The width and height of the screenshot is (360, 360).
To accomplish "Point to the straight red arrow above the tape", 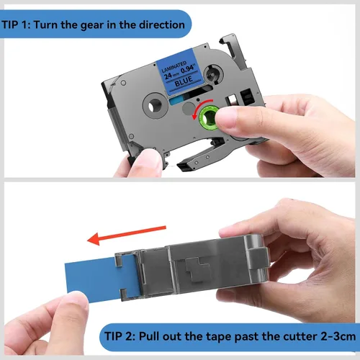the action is click(x=127, y=235).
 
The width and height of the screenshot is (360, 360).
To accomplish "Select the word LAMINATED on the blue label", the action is click(x=174, y=66).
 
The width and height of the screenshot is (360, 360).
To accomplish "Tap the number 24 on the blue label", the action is click(x=168, y=76).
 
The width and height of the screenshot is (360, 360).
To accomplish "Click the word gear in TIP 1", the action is click(x=93, y=25).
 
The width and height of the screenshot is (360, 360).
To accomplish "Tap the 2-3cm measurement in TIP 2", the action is click(x=338, y=336).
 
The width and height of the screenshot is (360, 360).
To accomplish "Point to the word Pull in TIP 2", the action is click(x=148, y=336).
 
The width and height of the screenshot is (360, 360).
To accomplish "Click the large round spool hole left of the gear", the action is click(x=155, y=106).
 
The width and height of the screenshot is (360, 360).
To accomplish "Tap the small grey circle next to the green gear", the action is click(x=189, y=109).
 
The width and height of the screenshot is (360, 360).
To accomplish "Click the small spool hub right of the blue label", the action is click(x=213, y=74).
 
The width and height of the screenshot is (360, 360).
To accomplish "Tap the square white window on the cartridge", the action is click(x=232, y=99).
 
